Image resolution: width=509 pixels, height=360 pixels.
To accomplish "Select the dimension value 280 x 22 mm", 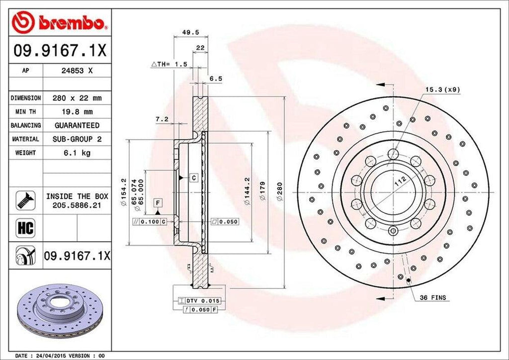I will (77, 98).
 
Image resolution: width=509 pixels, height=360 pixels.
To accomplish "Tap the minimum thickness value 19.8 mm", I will (77, 112).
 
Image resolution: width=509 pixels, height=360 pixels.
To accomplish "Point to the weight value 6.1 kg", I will (77, 153).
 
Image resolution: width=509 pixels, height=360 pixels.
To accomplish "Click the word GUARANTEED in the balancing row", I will (77, 125).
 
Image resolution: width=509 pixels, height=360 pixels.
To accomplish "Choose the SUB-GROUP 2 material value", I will (77, 139).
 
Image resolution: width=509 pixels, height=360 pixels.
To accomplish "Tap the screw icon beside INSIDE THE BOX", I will (24, 200).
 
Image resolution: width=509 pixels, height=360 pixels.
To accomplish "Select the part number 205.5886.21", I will (77, 204).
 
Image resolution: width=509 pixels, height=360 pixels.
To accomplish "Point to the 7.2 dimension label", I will (162, 119).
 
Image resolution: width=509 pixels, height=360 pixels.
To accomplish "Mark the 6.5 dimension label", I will (215, 79).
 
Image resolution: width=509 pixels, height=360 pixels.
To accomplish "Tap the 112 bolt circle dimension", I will (399, 182).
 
